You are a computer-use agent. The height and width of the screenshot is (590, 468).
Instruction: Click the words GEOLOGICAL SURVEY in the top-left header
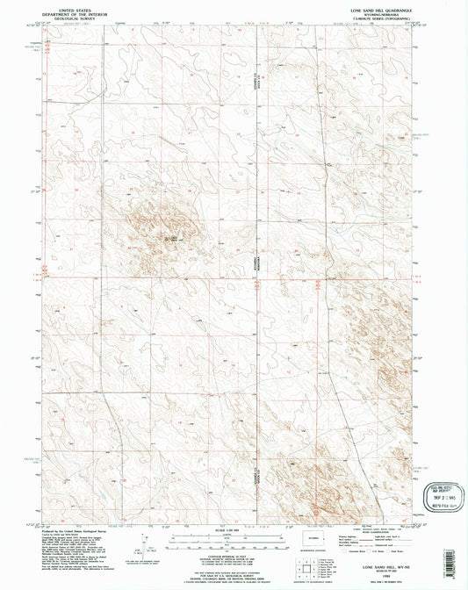click(74, 18)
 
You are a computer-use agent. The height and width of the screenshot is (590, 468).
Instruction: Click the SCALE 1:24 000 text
click(234, 528)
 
